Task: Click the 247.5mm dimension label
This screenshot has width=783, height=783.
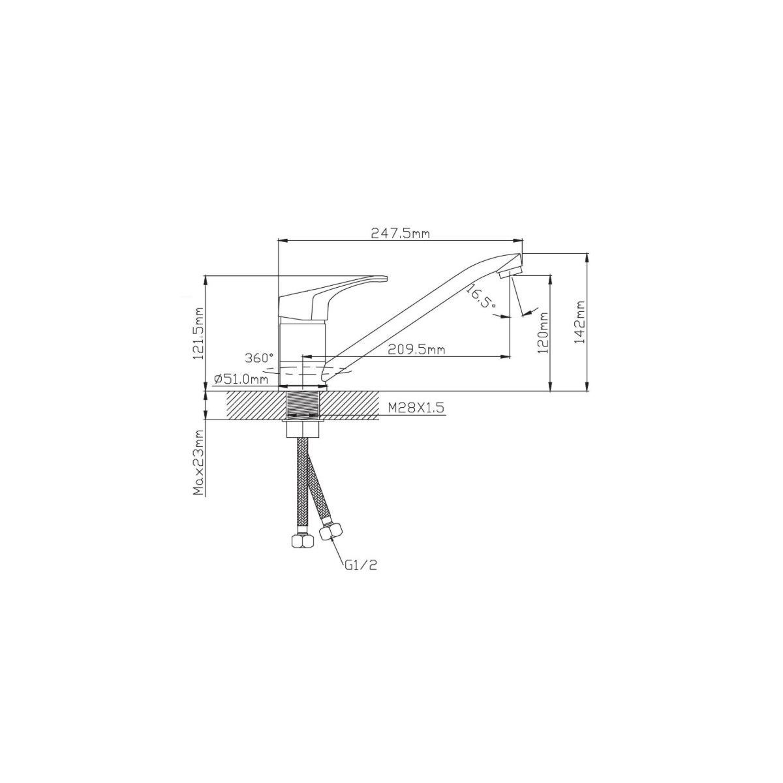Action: pyautogui.click(x=400, y=234)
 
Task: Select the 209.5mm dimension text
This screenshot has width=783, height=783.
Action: pyautogui.click(x=416, y=349)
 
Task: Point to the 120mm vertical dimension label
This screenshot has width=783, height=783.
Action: pyautogui.click(x=543, y=332)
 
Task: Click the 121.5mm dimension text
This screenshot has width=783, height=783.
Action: pyautogui.click(x=199, y=333)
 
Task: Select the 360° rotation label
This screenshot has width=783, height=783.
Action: pyautogui.click(x=259, y=358)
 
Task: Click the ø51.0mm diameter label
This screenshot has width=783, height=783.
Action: pyautogui.click(x=241, y=380)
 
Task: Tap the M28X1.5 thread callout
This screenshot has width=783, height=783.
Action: pyautogui.click(x=416, y=407)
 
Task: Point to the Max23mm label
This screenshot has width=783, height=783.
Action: pyautogui.click(x=199, y=463)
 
